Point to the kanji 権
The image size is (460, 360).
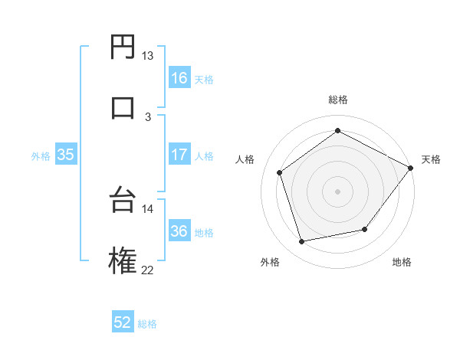click(x=123, y=260)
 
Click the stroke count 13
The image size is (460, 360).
click(x=147, y=56)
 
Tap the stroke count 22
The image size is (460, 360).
click(x=147, y=269)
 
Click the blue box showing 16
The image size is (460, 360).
click(x=179, y=77)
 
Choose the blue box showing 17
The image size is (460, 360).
click(x=179, y=154)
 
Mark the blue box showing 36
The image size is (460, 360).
click(x=179, y=231)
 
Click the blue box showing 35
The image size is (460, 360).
click(x=66, y=154)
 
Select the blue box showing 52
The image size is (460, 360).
click(x=123, y=322)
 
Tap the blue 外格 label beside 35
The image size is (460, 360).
click(x=41, y=155)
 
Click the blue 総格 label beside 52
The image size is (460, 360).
click(x=147, y=324)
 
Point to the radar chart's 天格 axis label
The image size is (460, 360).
click(x=431, y=159)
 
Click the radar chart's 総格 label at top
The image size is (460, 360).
click(x=337, y=100)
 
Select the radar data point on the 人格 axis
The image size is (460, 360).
click(x=280, y=172)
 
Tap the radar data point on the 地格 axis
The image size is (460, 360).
click(x=365, y=229)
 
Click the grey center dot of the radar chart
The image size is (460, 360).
click(x=337, y=191)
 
